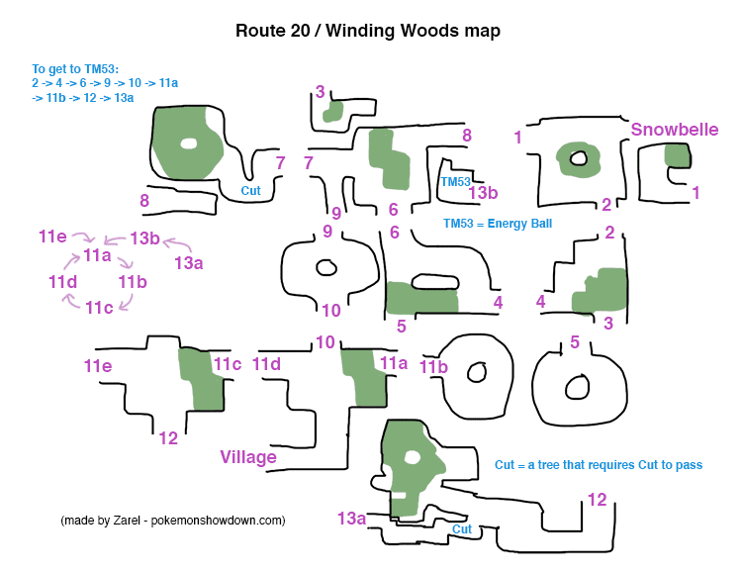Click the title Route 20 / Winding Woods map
point(367,31)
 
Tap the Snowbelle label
point(674,131)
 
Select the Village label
point(247,457)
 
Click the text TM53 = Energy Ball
point(498,224)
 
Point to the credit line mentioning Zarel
point(172,521)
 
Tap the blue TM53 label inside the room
point(455,182)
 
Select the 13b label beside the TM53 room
point(482,192)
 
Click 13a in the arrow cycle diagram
point(188,263)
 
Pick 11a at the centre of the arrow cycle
point(96,256)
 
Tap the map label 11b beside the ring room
point(433,367)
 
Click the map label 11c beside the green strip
point(228,364)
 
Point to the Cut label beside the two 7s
point(250,190)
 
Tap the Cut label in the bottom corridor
point(461,529)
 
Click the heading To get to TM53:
point(75,69)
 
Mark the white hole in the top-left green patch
point(188,143)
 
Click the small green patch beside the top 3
point(333,110)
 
